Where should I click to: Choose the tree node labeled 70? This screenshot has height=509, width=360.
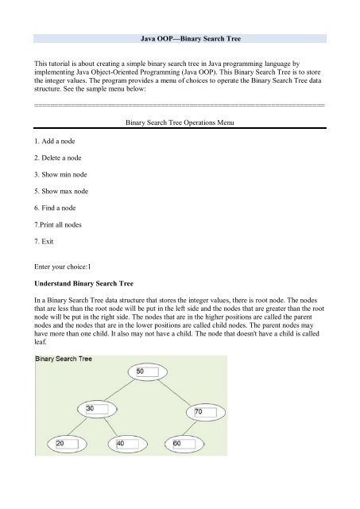[x=200, y=412]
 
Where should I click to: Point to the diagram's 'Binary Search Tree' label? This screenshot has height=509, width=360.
[x=63, y=359]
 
